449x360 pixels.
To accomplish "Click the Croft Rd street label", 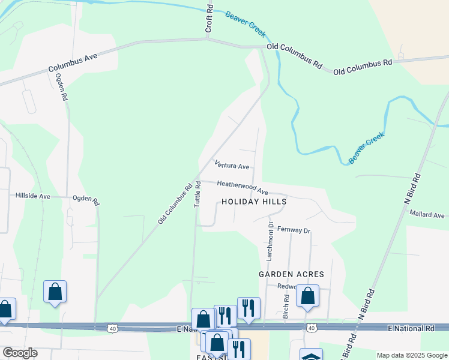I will click(209, 18).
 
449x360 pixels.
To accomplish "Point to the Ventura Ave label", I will click(232, 165).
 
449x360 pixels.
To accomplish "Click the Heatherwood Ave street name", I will click(243, 187).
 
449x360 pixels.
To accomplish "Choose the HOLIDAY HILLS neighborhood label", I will click(254, 202).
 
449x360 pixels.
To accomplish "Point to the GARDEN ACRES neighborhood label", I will click(291, 274).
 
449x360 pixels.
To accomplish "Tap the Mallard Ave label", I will click(427, 215).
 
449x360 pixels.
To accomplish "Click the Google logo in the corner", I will click(20, 353).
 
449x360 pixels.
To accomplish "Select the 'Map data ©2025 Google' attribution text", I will click(411, 355).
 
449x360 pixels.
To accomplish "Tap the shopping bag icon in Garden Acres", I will click(308, 296).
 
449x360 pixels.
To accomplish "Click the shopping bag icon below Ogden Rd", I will click(55, 292).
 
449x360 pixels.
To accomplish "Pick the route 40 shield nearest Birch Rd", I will click(310, 328).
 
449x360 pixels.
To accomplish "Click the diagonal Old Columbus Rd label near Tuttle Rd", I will click(175, 203).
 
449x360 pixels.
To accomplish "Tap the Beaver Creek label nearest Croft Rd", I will click(245, 23).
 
